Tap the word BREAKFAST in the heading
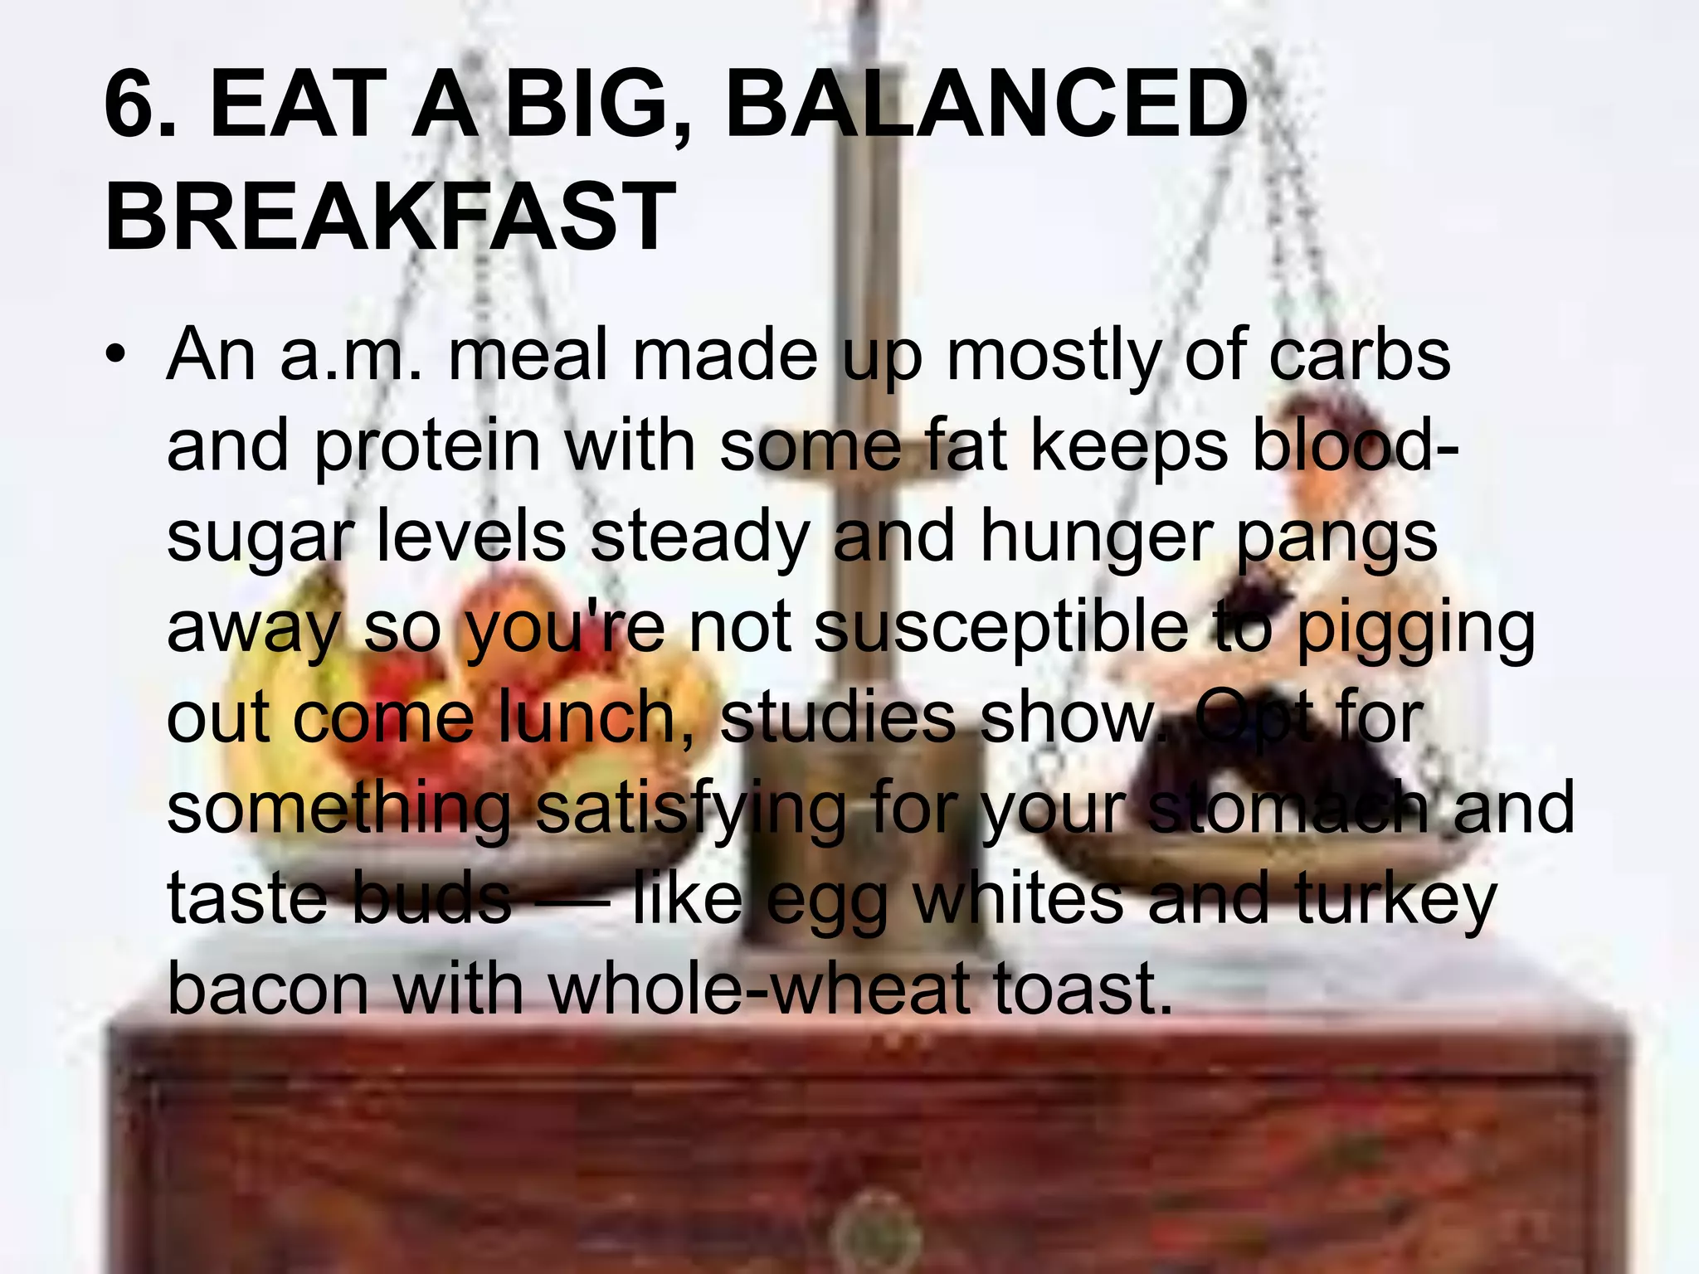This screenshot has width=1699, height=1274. pos(390,216)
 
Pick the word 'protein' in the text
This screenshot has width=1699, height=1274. pos(428,446)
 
